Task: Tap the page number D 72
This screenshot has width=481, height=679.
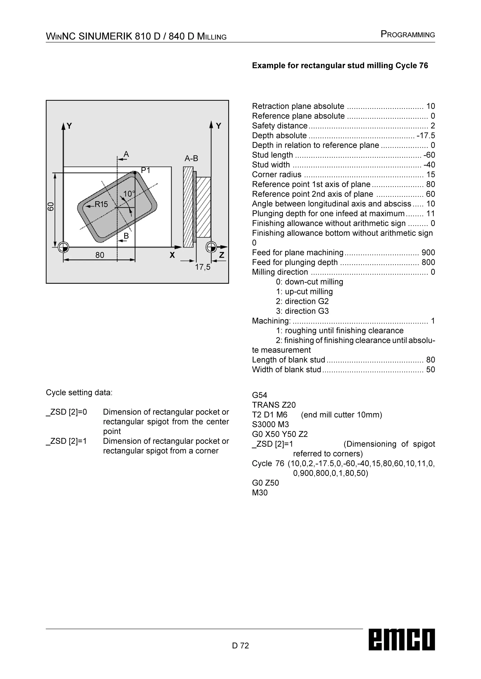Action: click(240, 645)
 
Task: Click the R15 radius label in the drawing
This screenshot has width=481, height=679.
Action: click(101, 204)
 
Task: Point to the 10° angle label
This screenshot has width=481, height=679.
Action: click(129, 194)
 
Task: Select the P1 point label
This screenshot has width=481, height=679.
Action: click(145, 171)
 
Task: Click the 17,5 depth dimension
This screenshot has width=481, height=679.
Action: click(203, 267)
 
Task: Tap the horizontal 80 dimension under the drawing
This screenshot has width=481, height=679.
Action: click(100, 255)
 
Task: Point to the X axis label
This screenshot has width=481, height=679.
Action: click(172, 255)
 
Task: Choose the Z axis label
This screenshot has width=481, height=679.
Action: click(221, 255)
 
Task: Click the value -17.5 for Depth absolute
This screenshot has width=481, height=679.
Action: click(426, 136)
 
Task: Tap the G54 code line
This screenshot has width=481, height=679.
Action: click(260, 395)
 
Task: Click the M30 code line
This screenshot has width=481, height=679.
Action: click(260, 493)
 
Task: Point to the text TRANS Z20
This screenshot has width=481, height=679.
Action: click(274, 405)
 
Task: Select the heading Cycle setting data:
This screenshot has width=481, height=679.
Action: click(79, 393)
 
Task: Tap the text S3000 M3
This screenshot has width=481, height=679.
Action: click(270, 425)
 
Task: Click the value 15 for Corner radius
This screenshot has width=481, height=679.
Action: click(430, 175)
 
